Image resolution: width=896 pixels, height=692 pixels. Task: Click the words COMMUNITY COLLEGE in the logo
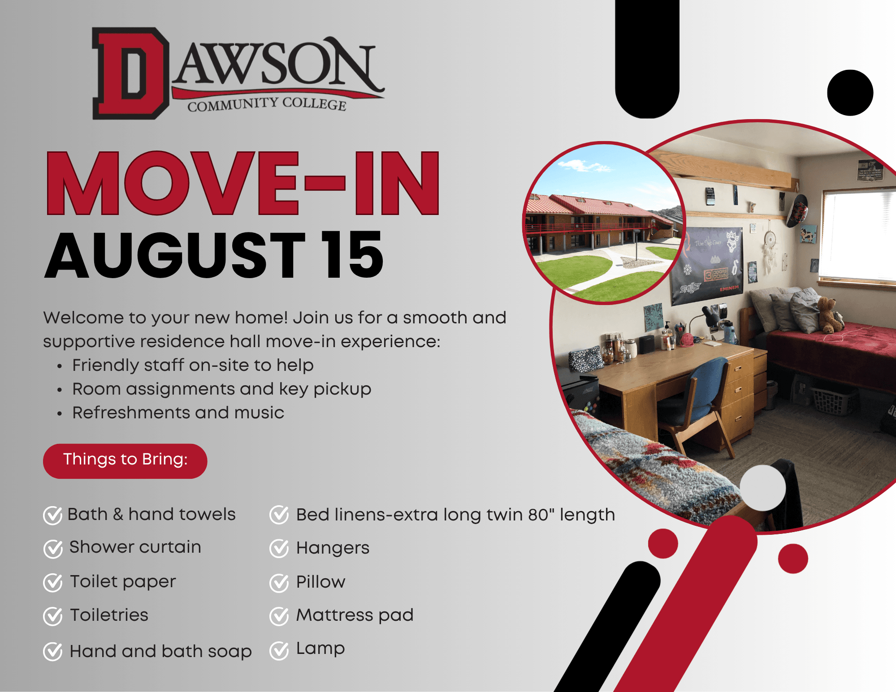267,104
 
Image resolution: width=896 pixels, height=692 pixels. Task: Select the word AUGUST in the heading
175,255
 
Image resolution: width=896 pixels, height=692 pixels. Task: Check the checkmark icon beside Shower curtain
53,548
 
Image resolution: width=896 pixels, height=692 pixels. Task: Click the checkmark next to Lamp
279,650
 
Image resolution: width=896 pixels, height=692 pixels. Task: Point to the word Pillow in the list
320,582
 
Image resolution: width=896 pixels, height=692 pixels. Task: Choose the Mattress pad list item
355,615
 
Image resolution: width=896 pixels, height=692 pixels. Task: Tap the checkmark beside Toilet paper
53,582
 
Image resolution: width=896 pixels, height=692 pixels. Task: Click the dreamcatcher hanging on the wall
769,251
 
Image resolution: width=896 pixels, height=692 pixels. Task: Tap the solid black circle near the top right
850,93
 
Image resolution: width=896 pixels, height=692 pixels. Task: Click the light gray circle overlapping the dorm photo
762,488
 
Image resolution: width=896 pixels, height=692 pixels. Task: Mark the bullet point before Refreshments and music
60,414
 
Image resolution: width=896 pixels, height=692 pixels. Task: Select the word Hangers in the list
333,549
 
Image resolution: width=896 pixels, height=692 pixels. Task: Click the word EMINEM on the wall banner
729,288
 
